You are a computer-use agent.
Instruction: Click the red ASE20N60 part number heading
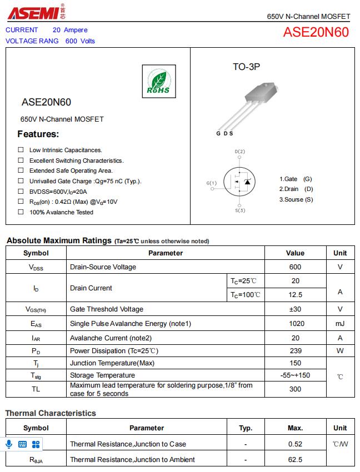coord(316,32)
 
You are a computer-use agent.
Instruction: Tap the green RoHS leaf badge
coord(158,82)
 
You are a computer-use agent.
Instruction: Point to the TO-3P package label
coord(246,67)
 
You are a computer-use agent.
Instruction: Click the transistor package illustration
coord(253,106)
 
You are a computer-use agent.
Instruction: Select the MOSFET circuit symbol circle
coord(239,181)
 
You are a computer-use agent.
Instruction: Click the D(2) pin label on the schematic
coord(239,152)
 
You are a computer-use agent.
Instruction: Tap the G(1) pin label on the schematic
coord(212,183)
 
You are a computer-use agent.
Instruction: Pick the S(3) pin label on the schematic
coord(240,210)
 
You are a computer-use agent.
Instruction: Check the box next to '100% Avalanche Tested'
coord(21,212)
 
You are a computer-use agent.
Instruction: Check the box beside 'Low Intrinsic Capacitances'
coord(21,150)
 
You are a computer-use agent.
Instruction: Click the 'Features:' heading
coord(38,134)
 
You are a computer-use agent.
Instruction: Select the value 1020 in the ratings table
coord(295,324)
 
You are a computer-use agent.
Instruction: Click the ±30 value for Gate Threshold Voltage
coord(295,309)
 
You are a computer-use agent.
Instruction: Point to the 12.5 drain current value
coord(295,295)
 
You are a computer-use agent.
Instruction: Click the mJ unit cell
coord(340,324)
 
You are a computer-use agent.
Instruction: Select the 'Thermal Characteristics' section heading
coord(51,413)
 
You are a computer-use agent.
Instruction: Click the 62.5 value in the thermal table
coord(295,459)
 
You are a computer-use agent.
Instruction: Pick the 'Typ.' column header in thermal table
coord(246,428)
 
